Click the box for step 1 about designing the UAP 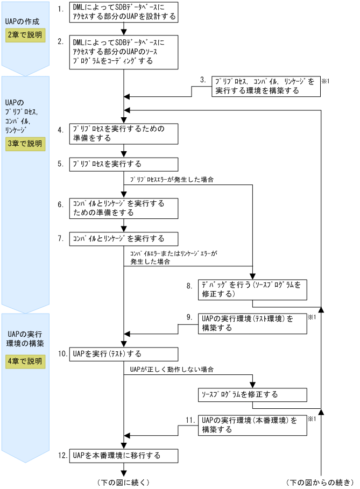tap(124, 12)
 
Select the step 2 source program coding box tap(124, 53)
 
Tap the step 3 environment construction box tap(266, 86)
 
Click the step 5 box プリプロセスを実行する tap(124, 164)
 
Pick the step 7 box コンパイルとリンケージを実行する tap(124, 238)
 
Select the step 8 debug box tap(252, 289)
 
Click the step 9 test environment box tap(252, 323)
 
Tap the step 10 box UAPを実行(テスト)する tap(124, 354)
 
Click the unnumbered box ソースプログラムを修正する tap(252, 394)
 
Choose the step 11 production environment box tap(252, 424)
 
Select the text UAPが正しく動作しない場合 tap(172, 370)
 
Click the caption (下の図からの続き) tap(320, 481)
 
